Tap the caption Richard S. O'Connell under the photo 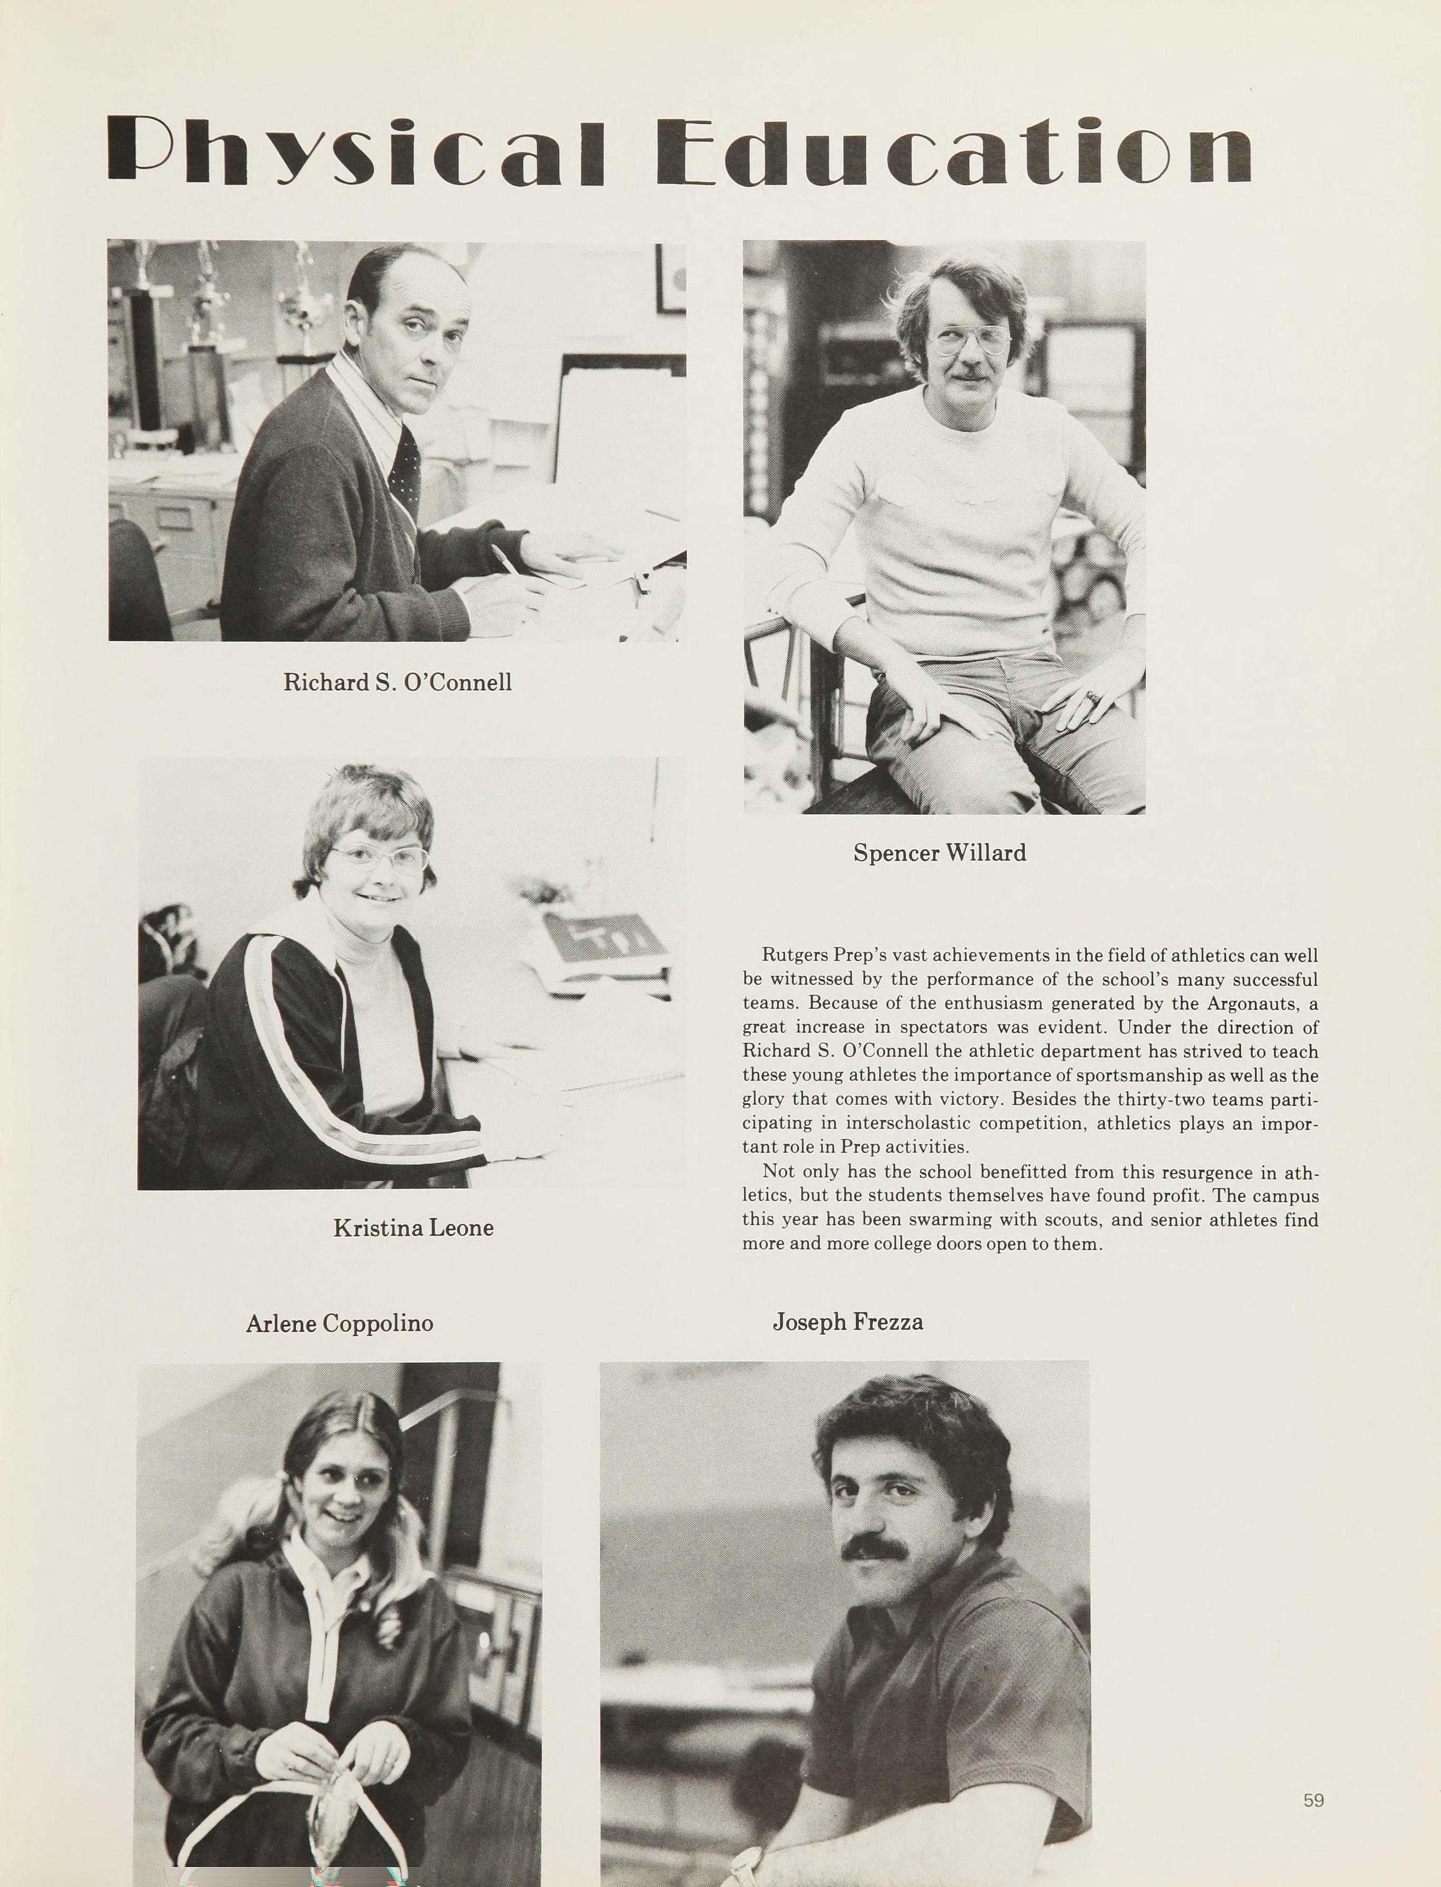click(x=397, y=683)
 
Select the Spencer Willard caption click(x=939, y=853)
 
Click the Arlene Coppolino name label click(x=339, y=1323)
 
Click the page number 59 click(x=1313, y=1801)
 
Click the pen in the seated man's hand click(x=505, y=559)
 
